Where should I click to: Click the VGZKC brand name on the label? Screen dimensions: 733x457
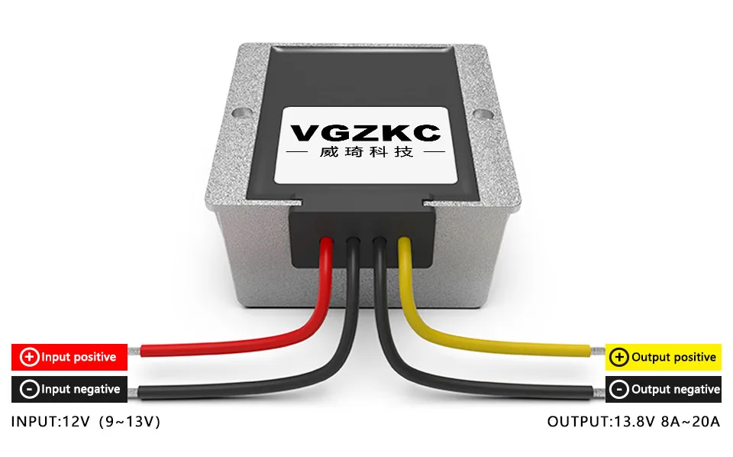tap(366, 133)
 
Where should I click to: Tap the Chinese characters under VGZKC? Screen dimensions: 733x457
tap(365, 152)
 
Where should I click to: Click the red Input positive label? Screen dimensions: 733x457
tap(69, 357)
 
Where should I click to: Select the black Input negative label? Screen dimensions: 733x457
tap(69, 389)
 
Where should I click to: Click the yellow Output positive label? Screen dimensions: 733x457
tap(663, 357)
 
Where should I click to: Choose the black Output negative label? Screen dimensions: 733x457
tap(663, 389)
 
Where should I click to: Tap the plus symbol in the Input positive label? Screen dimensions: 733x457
tap(29, 357)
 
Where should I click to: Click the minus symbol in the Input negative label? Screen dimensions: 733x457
tap(29, 390)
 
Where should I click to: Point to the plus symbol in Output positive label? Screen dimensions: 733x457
tap(619, 357)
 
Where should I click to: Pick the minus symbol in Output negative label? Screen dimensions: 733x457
tap(619, 390)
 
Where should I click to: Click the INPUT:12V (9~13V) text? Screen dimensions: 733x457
tap(86, 421)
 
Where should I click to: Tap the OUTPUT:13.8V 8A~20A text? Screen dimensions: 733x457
tap(633, 421)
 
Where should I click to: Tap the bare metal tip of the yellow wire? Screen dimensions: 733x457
tap(597, 350)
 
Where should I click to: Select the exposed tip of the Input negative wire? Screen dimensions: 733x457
tap(135, 393)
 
